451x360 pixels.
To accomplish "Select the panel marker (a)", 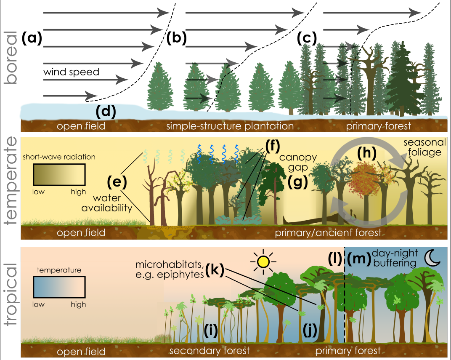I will pyautogui.click(x=32, y=39).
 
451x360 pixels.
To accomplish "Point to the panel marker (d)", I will pyautogui.click(x=105, y=112).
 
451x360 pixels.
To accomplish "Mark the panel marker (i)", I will pyautogui.click(x=210, y=331).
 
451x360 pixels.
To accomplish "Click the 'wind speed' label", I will pyautogui.click(x=71, y=72).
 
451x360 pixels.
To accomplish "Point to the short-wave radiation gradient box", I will pyautogui.click(x=59, y=174).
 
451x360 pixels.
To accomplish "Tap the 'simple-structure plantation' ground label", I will pyautogui.click(x=230, y=126).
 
